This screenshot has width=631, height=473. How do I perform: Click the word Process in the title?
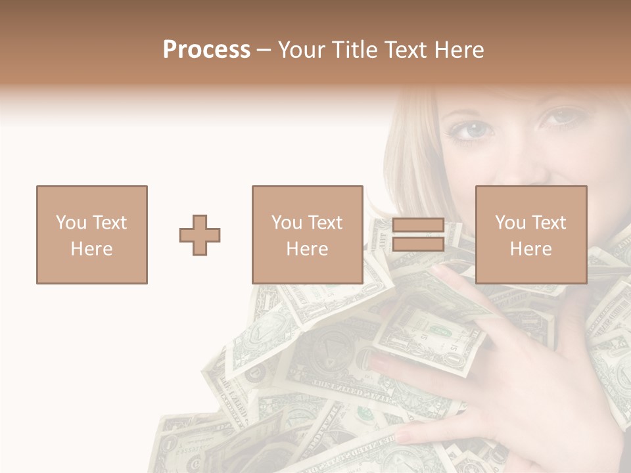(x=206, y=50)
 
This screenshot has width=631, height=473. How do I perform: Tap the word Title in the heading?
(x=352, y=50)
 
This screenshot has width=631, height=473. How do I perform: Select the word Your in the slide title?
(x=300, y=50)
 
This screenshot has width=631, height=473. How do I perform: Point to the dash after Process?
(x=264, y=51)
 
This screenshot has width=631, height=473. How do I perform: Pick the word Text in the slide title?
(x=405, y=50)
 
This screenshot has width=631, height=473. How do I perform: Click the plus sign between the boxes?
(x=200, y=235)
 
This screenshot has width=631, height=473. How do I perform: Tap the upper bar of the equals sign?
(x=418, y=225)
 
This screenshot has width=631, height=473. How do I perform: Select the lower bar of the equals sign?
(x=418, y=244)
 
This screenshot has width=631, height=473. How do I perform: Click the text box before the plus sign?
(x=91, y=235)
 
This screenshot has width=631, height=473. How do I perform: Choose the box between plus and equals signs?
(x=307, y=235)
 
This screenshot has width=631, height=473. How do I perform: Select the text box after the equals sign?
(x=530, y=235)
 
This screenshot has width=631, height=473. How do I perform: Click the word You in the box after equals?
(x=510, y=223)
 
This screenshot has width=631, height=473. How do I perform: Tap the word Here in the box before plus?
(x=91, y=249)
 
